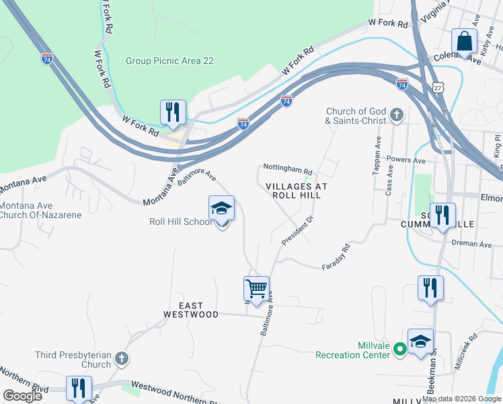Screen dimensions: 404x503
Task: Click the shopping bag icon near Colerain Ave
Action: (x=464, y=41)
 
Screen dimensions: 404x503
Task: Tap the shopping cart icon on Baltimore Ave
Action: (x=256, y=289)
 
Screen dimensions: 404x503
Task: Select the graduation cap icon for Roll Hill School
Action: (x=221, y=209)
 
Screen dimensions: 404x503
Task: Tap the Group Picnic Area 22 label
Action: (x=169, y=61)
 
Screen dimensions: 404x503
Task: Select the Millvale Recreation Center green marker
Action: (x=399, y=348)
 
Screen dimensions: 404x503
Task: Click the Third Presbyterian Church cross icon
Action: (x=121, y=357)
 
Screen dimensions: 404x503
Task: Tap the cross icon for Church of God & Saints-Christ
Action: (x=396, y=115)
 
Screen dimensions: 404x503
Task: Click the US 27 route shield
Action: (x=438, y=88)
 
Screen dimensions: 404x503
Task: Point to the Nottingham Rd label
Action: (x=288, y=171)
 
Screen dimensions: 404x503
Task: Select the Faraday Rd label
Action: (x=336, y=256)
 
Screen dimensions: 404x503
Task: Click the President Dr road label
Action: (x=299, y=232)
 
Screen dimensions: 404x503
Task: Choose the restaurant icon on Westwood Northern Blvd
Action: (x=79, y=389)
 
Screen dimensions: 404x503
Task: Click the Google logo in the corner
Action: (x=23, y=395)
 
